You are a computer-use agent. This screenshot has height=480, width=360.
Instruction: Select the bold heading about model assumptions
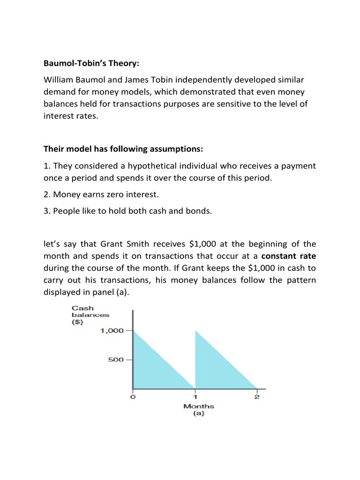point(124,149)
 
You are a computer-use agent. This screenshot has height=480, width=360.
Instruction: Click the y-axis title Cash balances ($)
point(90,315)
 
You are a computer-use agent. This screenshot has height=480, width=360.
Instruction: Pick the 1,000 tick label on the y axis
point(112,331)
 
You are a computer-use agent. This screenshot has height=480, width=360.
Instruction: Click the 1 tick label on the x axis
point(195,397)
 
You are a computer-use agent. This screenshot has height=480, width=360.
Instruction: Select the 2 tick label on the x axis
point(257,397)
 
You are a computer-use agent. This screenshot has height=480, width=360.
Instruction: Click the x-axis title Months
point(198,406)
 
